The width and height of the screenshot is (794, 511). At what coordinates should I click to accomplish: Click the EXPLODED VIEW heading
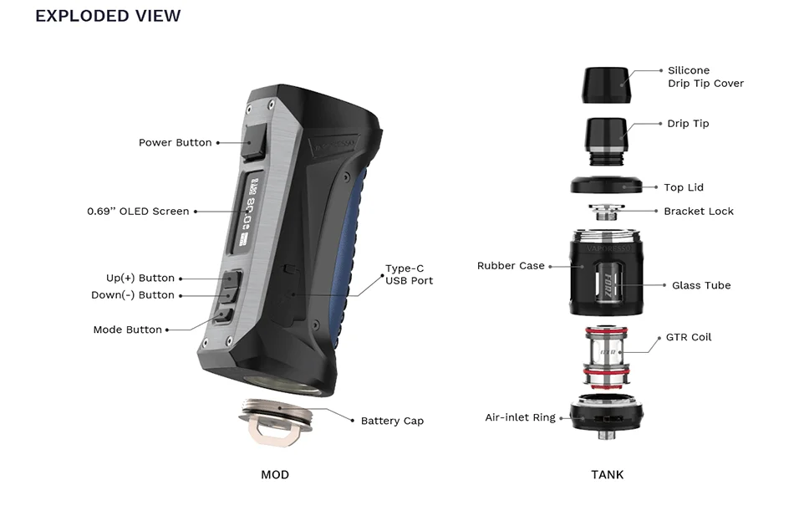(x=108, y=16)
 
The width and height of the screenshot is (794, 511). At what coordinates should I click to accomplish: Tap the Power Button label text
(x=175, y=142)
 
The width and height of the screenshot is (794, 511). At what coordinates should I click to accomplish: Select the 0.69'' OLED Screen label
(x=138, y=211)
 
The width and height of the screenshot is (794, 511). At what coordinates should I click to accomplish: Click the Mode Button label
(x=127, y=330)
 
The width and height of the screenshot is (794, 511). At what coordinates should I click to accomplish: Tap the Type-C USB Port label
(x=409, y=274)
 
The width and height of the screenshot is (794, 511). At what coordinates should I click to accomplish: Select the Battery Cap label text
(x=392, y=421)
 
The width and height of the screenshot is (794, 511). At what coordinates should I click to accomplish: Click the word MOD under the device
(x=274, y=474)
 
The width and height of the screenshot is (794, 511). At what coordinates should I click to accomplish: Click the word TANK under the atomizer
(x=607, y=474)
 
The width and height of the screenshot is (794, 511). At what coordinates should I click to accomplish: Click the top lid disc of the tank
(x=607, y=186)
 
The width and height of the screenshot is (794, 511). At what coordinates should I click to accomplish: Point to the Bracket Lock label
(x=699, y=211)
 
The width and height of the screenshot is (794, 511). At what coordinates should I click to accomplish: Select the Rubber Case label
(x=511, y=265)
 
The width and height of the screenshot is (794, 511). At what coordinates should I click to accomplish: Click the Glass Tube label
(x=701, y=285)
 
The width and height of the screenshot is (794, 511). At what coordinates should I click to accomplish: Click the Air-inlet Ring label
(x=520, y=417)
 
